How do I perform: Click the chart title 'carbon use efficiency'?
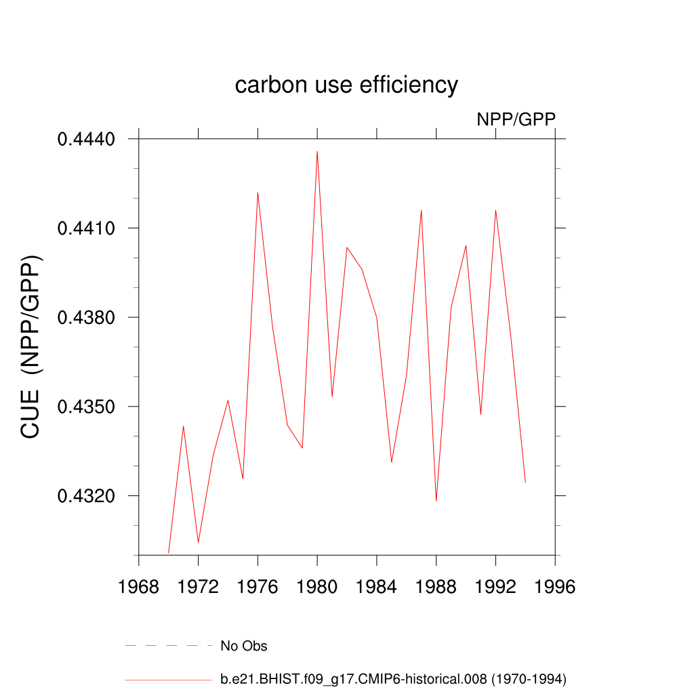pyautogui.click(x=346, y=85)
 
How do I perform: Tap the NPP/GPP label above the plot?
pyautogui.click(x=516, y=119)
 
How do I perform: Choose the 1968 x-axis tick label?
pyautogui.click(x=138, y=587)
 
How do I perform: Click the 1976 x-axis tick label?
pyautogui.click(x=258, y=587)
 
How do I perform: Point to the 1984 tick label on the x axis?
pyautogui.click(x=377, y=587)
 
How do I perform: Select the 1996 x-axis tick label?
pyautogui.click(x=555, y=587)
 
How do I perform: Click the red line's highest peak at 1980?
pyautogui.click(x=317, y=152)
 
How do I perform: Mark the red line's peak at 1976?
pyautogui.click(x=258, y=193)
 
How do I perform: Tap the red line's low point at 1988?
pyautogui.click(x=436, y=501)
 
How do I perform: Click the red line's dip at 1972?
pyautogui.click(x=198, y=542)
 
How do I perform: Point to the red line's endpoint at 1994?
pyautogui.click(x=525, y=482)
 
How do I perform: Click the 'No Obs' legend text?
pyautogui.click(x=244, y=646)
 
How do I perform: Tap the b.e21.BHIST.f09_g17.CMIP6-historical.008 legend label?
pyautogui.click(x=393, y=678)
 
